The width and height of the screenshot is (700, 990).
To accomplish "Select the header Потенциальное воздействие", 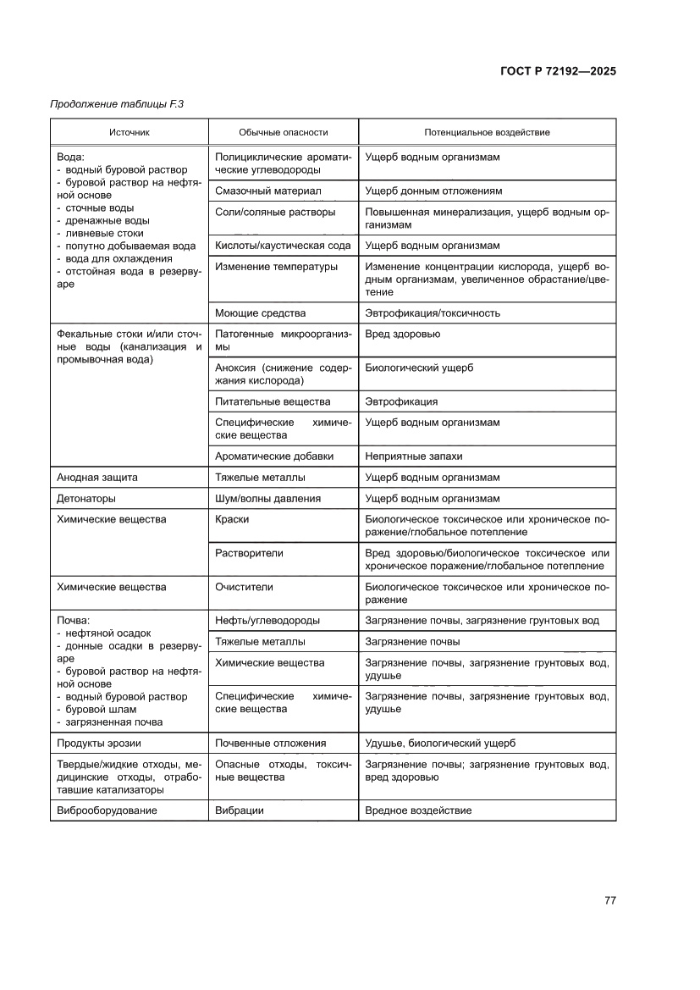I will pos(487,133).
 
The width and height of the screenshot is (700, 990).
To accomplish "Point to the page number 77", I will pos(609,899).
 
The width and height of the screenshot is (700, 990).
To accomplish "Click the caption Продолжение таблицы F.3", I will pos(117,104).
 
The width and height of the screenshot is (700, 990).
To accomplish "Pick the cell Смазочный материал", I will pos(268,191).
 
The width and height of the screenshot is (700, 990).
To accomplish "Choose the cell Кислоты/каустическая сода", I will pos(283,246).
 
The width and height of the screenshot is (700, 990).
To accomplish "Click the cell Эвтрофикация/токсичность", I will pos(433,313).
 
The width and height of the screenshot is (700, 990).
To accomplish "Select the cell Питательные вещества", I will pos(273,401).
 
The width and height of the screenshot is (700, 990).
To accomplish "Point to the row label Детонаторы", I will pos(86,499).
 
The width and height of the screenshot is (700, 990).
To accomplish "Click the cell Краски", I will pos(233,519).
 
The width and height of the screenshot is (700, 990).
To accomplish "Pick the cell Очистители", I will pos(245,587).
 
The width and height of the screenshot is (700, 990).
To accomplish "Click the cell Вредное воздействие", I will pos(418,810).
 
